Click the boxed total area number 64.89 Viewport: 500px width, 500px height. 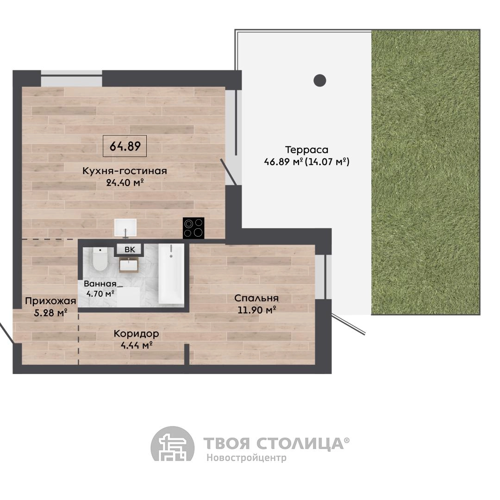[125, 146]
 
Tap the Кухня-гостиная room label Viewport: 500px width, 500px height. [125, 170]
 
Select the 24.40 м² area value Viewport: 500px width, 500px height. [125, 183]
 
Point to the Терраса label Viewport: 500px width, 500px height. [306, 150]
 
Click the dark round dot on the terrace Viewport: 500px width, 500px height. [320, 81]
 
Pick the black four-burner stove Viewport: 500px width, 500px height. [194, 228]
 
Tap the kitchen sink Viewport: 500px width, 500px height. [125, 228]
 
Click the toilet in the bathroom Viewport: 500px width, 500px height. [100, 259]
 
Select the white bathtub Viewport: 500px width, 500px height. [171, 274]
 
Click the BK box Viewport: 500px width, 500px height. [130, 250]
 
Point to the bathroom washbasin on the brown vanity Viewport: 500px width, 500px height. [129, 265]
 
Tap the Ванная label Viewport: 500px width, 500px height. [100, 283]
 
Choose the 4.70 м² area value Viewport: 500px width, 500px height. [100, 294]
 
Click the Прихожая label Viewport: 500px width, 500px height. [50, 301]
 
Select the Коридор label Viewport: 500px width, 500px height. [136, 333]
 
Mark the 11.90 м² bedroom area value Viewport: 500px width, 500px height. [256, 310]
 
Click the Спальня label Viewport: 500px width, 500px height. [256, 298]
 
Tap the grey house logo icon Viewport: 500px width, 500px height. [173, 444]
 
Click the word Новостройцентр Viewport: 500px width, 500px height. [246, 457]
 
